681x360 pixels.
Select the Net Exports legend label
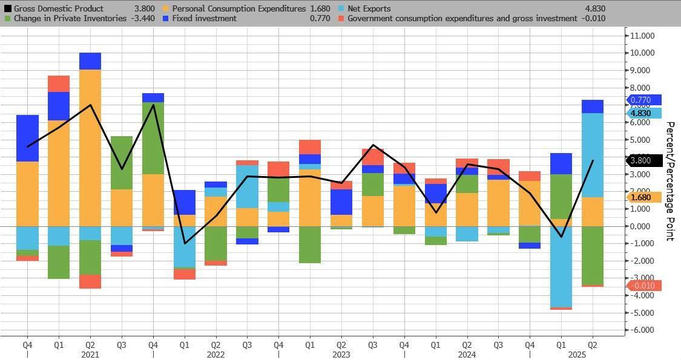pos(369,9)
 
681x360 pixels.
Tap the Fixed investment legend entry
pos(205,19)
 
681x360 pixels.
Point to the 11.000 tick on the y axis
pos(642,36)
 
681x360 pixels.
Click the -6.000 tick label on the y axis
pos(642,330)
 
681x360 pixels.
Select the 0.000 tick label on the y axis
pos(642,226)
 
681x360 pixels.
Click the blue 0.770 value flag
pos(643,100)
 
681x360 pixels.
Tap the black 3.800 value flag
pos(643,161)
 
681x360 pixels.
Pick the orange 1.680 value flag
pos(643,197)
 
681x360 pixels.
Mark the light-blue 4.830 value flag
pos(643,113)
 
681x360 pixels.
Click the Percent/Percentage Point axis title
pos(670,181)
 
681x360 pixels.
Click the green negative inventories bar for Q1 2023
pos(310,244)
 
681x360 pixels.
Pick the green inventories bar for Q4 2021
pos(153,139)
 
